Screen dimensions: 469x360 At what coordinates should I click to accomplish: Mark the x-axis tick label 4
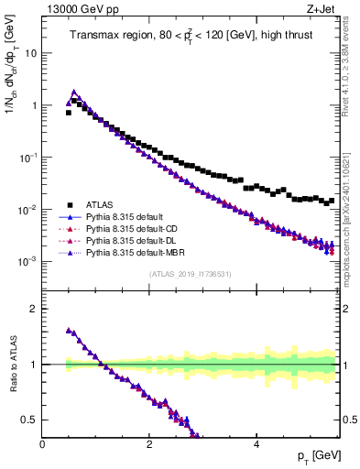(256, 444)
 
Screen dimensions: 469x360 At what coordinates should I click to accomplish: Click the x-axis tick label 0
(42, 444)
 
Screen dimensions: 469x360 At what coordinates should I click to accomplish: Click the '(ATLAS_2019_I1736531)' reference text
(191, 275)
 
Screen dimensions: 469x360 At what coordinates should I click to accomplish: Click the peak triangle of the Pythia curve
(74, 93)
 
